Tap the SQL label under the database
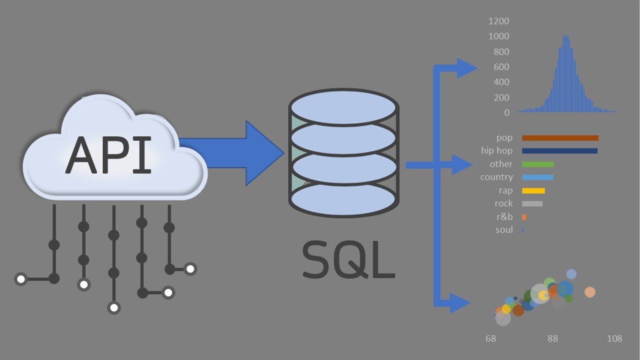pos(348,260)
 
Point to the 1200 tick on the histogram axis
pos(499,21)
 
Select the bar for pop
pos(560,138)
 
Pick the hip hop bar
pos(559,150)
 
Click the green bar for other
pos(538,164)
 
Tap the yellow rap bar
pos(533,190)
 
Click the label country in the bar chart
pos(496,177)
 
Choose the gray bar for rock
pos(532,203)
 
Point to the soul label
pos(503,230)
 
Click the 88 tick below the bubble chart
pos(552,339)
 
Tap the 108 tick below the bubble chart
pos(614,339)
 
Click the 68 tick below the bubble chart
pos(490,339)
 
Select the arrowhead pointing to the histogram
pos(467,68)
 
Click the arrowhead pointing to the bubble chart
pos(460,302)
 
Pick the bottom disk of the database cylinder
pos(343,199)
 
